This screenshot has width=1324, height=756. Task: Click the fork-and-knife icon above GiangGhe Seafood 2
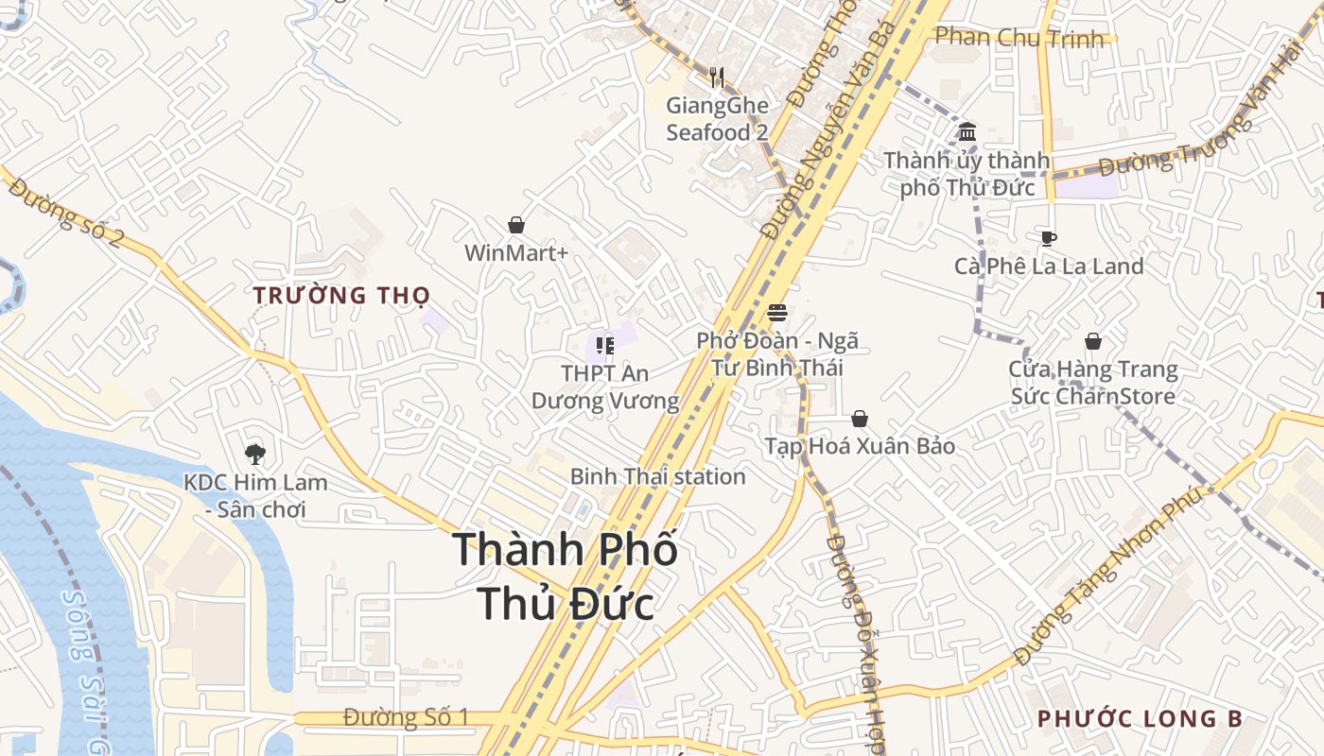[x=717, y=77]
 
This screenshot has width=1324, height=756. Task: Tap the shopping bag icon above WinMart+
[x=516, y=225]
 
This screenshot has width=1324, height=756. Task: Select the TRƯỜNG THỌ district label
[x=341, y=295]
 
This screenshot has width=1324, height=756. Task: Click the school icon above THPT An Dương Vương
[x=604, y=346]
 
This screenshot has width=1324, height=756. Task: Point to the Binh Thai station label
[x=657, y=476]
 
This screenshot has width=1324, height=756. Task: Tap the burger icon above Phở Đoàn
[x=777, y=313]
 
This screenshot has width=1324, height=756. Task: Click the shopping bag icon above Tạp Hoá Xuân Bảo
[x=860, y=419]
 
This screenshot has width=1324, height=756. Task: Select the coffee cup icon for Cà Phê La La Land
[x=1048, y=238]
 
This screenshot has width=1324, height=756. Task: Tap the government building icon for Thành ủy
[x=967, y=131]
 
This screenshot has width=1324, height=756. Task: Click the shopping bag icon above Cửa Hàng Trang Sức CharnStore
[x=1093, y=341]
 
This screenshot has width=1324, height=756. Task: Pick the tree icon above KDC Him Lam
[x=254, y=455]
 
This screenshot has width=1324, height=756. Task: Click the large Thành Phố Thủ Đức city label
[x=566, y=576]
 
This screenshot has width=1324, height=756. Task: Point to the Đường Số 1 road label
[x=406, y=717]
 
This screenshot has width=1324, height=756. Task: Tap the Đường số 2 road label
[x=67, y=215]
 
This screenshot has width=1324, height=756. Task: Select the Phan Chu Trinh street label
[x=1019, y=38]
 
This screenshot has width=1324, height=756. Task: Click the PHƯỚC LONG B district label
[x=1140, y=719]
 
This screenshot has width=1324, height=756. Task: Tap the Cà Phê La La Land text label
[x=1049, y=266]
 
